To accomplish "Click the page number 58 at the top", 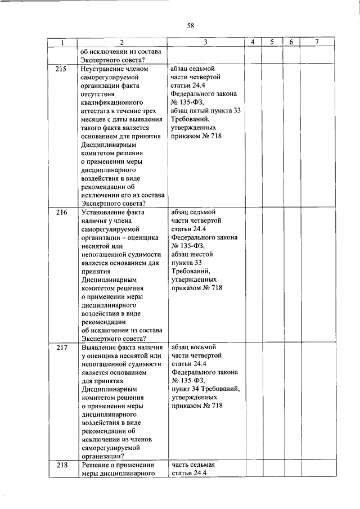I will [191, 25].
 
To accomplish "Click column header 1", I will [62, 43].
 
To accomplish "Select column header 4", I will [253, 43].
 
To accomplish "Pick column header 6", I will [291, 43].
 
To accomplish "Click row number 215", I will [62, 69].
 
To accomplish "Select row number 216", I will [62, 213].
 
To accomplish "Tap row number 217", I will [62, 348].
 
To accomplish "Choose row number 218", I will [62, 465].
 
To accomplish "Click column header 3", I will [206, 43].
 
